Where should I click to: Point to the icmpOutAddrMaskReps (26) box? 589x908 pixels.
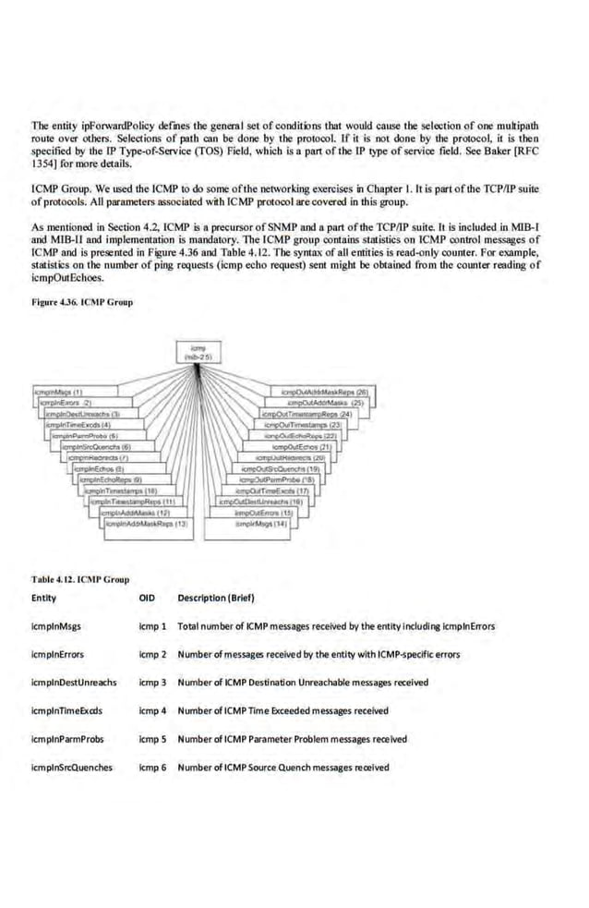pos(331,392)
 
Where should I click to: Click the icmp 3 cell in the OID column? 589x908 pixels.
pos(151,682)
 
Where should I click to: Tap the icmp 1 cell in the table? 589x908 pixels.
pos(151,625)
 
